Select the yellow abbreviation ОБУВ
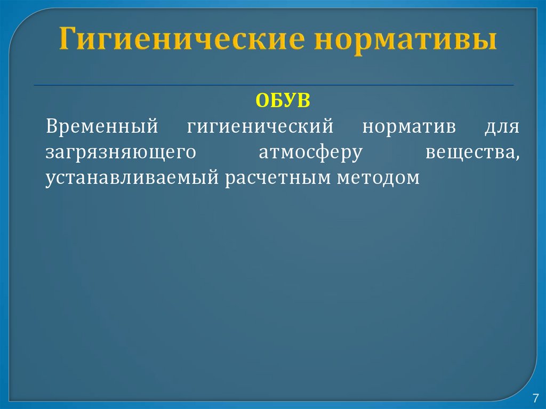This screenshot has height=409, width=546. pos(283,101)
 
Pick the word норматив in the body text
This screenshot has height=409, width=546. pos(409,128)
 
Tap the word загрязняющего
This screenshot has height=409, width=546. pos(118,154)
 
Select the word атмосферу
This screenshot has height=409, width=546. pos(310,154)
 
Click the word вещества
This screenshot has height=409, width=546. pos(471,153)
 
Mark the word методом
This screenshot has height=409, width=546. pos(378,178)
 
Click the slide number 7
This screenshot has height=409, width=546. pos(535,398)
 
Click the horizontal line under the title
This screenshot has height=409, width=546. pos(273,85)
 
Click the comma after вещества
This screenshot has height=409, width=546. pos(518,157)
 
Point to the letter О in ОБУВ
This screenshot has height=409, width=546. pos(263,101)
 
